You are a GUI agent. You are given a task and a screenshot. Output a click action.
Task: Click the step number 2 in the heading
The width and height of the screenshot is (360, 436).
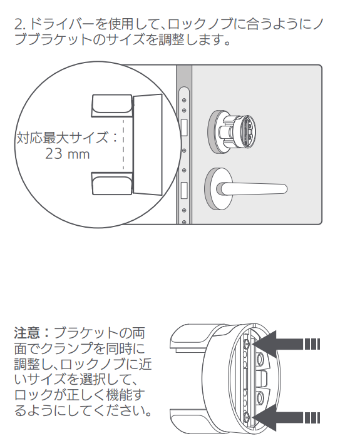pyautogui.click(x=19, y=24)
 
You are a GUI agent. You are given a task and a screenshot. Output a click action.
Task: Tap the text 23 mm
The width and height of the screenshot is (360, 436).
pyautogui.click(x=68, y=154)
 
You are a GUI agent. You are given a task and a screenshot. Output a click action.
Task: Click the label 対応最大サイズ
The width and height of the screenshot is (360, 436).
pyautogui.click(x=63, y=138)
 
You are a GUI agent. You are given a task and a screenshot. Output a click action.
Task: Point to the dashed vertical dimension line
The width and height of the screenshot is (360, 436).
pyautogui.click(x=123, y=143)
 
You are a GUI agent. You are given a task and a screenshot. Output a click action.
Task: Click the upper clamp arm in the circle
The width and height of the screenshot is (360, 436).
pyautogui.click(x=112, y=105)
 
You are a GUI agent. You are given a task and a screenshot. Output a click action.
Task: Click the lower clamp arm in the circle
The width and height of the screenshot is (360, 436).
pyautogui.click(x=112, y=183)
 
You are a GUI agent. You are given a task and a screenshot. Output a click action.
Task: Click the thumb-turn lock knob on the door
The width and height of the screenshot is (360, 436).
pyautogui.click(x=232, y=131)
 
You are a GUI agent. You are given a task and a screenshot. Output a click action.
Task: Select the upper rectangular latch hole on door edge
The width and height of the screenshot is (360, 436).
pyautogui.click(x=184, y=128)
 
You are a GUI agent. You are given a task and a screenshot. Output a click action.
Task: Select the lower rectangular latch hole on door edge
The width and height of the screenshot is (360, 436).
pyautogui.click(x=184, y=190)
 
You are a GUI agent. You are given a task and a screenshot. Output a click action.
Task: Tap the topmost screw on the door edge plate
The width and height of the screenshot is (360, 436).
pyautogui.click(x=184, y=100)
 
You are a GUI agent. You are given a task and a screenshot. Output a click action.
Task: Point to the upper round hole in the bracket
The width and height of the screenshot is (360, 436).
pyautogui.click(x=260, y=359)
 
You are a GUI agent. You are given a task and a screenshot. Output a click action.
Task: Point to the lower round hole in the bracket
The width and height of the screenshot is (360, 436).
pyautogui.click(x=260, y=398)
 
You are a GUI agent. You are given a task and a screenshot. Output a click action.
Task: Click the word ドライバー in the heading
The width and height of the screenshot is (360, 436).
pyautogui.click(x=61, y=24)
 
